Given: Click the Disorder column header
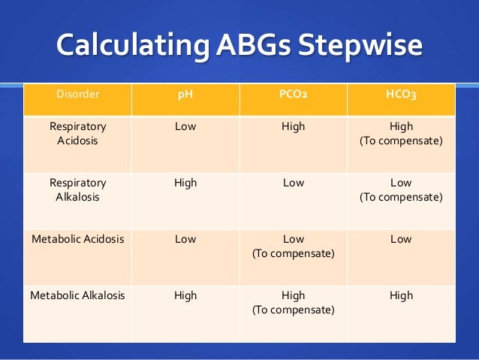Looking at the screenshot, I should (78, 95).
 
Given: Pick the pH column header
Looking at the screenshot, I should (185, 95).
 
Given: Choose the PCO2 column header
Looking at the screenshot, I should (293, 95).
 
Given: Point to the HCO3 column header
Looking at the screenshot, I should (401, 95).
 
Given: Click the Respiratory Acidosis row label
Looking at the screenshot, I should (78, 134).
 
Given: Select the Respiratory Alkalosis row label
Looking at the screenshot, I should (78, 189).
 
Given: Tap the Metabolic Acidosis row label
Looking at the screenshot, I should (78, 239).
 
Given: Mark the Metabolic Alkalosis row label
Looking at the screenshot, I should (78, 295).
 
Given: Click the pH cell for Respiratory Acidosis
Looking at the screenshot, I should (185, 126).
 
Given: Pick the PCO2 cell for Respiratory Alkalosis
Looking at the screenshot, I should (293, 183).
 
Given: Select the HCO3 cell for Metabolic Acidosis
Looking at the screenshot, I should (401, 239).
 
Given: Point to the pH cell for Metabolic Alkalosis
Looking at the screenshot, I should (185, 295).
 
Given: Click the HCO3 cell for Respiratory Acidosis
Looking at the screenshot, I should (401, 134).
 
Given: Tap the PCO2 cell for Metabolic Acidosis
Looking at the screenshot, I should (293, 246).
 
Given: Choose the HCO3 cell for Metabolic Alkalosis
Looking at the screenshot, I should (401, 295).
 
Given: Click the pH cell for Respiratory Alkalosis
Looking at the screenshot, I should (185, 183).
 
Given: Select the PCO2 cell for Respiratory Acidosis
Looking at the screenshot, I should (293, 126).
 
